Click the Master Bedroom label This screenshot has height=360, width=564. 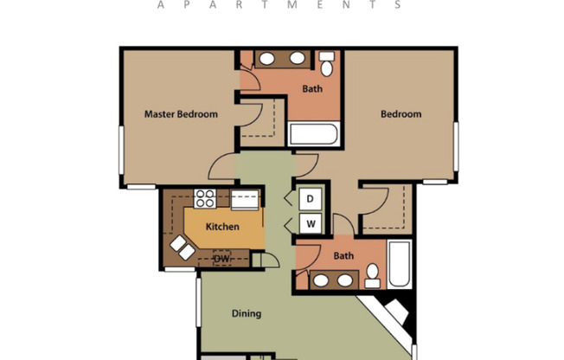181,113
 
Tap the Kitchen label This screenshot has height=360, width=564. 222,227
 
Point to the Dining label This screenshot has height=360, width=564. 246,313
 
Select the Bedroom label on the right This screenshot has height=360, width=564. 401,113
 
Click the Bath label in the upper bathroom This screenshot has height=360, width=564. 312,88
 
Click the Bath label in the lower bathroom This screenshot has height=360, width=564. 343,255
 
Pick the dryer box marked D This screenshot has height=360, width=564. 311,198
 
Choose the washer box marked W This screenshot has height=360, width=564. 311,224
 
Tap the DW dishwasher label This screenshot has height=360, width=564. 221,258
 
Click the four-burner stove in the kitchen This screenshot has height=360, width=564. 205,198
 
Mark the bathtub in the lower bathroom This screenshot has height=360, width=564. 399,264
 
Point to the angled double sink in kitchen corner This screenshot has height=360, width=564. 183,247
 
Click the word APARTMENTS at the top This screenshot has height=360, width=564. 280,4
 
